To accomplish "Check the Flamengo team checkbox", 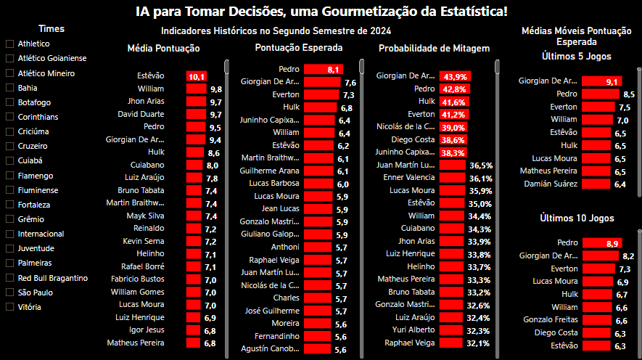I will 9,176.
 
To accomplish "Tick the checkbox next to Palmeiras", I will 9,263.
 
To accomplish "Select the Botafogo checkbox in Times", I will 9,102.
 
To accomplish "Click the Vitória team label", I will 29,307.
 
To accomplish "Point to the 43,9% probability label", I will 455,76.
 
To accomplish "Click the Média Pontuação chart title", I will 164,49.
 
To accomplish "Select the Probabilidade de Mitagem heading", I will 434,49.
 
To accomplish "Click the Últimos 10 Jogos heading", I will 577,218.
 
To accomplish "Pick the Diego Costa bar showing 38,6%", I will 453,139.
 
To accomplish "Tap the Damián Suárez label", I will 551,184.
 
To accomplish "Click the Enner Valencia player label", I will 409,178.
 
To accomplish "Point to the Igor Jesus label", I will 147,330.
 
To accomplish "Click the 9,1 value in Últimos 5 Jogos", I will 612,82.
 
